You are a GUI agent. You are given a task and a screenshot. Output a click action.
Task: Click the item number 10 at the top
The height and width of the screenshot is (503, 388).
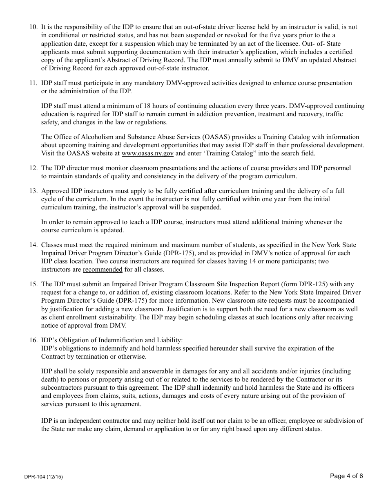pos(33,27)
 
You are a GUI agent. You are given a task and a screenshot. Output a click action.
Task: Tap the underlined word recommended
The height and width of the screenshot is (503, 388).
pos(103,269)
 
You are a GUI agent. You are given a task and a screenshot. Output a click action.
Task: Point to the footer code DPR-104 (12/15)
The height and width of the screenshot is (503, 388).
pos(43,477)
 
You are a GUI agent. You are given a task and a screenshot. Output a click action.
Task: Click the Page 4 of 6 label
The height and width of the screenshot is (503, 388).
pos(346,476)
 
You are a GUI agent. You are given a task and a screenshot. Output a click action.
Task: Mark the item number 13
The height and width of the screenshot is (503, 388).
pos(33,191)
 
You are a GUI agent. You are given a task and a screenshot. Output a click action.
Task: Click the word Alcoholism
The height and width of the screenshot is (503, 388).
pos(92,137)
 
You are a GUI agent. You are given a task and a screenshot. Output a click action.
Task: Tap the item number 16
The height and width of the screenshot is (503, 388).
pos(33,340)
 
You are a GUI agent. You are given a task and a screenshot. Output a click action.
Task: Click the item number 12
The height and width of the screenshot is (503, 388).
pos(33,168)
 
